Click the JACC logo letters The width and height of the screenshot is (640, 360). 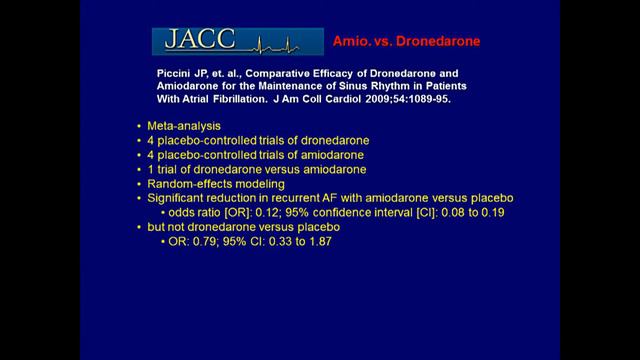(196, 41)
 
